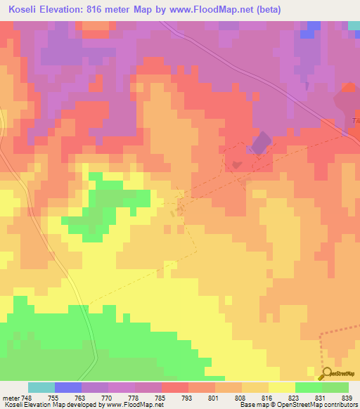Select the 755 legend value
[x=53, y=397]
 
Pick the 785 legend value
[x=160, y=397]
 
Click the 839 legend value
[x=347, y=397]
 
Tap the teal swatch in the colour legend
[x=41, y=387]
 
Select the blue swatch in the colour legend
[x=68, y=387]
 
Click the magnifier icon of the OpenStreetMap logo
[x=328, y=373]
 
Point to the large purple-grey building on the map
[x=259, y=143]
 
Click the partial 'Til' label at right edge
[x=355, y=120]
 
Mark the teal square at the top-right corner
[x=354, y=25]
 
